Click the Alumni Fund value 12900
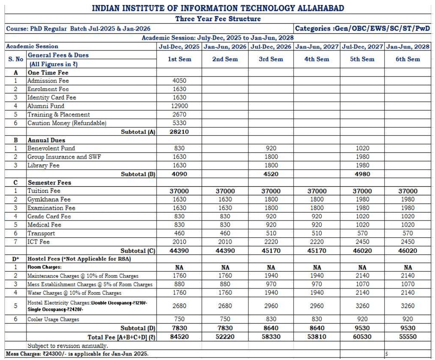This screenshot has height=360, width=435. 179,106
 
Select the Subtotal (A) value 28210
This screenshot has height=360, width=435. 179,132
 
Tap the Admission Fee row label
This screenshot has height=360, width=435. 48,81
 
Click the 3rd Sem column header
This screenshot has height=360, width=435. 271,59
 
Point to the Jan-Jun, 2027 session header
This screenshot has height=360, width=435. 317,46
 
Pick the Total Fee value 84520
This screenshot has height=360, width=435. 179,337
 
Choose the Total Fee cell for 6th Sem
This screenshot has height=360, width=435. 408,337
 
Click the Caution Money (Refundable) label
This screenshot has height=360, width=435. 67,123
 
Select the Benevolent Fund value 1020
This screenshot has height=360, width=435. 362,148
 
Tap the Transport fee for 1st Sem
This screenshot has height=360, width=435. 179,233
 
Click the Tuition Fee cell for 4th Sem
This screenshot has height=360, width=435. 317,191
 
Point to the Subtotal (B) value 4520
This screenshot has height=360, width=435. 271,174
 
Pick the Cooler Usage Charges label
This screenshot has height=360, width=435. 53,319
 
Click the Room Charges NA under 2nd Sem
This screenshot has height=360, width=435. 225,268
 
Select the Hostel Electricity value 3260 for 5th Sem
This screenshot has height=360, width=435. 362,306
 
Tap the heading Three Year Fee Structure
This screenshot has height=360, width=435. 218,19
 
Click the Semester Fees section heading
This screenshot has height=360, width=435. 49,183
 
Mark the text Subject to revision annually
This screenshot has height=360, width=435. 67,346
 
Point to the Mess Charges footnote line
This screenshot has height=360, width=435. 77,354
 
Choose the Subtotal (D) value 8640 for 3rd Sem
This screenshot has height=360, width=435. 271,328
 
